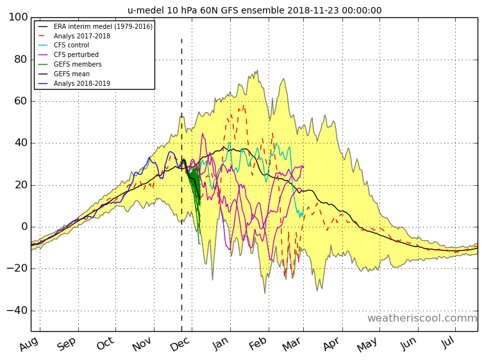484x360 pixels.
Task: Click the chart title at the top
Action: point(255,10)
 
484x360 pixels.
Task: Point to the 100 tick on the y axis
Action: point(18,17)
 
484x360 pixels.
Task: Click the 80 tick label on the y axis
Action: point(21,59)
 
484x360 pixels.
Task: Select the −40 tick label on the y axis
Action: point(17,310)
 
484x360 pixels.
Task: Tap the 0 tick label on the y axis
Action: point(25,227)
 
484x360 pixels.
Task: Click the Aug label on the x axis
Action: point(29,344)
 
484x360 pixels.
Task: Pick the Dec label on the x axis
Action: point(180,344)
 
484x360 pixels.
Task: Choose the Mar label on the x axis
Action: point(292,344)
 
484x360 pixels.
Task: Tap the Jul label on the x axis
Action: point(448,343)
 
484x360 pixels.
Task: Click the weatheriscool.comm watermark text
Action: point(422,318)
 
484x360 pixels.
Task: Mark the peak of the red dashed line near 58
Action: point(244,106)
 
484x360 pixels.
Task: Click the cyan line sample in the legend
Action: point(42,45)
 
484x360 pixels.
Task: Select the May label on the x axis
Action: point(367,344)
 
